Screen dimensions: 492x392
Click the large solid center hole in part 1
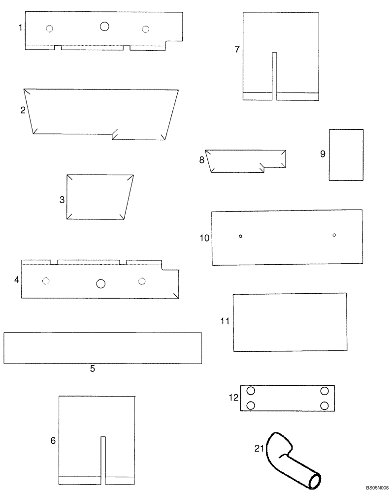(x=104, y=27)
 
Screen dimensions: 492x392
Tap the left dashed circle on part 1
(x=49, y=29)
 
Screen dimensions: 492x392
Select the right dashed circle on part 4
(x=142, y=281)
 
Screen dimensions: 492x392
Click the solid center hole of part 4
(x=101, y=283)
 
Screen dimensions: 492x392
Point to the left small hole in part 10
(x=240, y=236)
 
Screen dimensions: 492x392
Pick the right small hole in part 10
(x=334, y=235)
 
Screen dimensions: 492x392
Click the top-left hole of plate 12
(x=250, y=391)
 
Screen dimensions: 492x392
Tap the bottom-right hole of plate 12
(x=325, y=406)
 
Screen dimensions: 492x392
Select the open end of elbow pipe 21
(x=313, y=481)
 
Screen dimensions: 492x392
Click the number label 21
(x=260, y=448)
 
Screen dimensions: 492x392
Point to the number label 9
(x=323, y=154)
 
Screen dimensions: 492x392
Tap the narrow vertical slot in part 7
(x=275, y=76)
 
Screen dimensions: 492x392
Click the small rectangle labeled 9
(x=346, y=155)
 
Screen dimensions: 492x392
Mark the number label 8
(x=202, y=160)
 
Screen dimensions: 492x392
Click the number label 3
(x=62, y=200)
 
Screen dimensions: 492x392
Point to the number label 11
(x=225, y=321)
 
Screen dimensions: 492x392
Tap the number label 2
(x=23, y=110)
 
